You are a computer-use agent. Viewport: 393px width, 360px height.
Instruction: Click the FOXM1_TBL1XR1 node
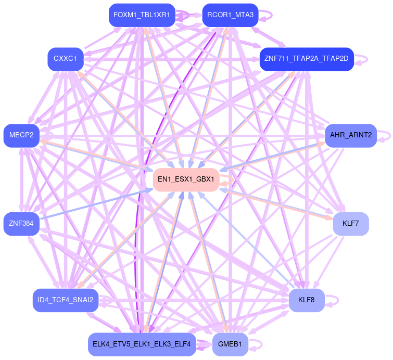[x=142, y=15]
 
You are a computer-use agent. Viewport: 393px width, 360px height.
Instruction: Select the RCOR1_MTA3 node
[x=230, y=15]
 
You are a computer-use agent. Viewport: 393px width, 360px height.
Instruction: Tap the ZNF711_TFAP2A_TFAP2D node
[x=307, y=59]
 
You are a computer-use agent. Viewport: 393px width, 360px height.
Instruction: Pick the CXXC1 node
[x=65, y=59]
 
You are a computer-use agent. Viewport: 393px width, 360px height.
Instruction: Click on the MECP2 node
[x=21, y=135]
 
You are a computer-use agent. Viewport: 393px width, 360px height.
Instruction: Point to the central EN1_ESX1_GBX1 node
[x=186, y=179]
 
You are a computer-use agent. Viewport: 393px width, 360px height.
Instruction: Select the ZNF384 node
[x=21, y=224]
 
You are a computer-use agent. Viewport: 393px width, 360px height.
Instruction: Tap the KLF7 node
[x=351, y=224]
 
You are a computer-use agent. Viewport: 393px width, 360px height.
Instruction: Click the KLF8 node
[x=307, y=300]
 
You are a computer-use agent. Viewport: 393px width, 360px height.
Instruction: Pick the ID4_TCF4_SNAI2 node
[x=66, y=300]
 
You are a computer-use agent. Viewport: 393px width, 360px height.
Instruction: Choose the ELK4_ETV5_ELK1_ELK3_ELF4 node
[x=142, y=344]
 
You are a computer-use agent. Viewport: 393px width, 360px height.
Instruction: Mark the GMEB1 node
[x=230, y=344]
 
